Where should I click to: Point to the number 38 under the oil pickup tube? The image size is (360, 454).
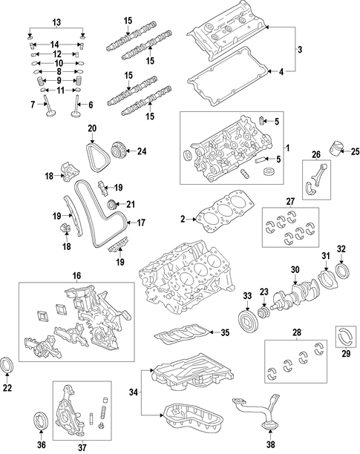click(270, 444)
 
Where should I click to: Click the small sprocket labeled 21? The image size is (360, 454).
click(112, 205)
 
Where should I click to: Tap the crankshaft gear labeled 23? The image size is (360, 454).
click(264, 313)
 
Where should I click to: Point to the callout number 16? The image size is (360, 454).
click(76, 276)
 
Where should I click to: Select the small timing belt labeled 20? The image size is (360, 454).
click(98, 159)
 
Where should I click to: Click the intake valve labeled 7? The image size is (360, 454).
click(49, 107)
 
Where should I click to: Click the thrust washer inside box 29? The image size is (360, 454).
click(346, 337)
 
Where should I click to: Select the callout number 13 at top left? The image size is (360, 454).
click(56, 22)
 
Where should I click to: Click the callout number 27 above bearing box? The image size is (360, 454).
click(290, 202)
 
